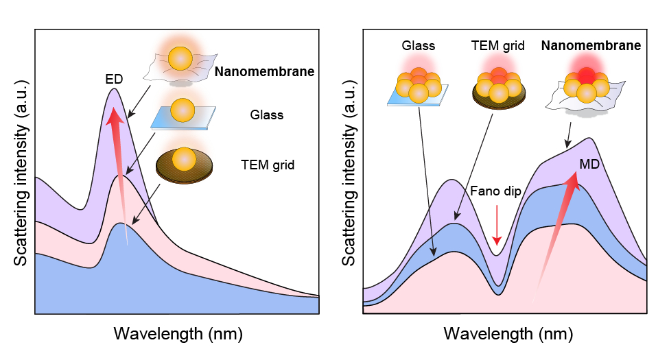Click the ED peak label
pos(114,79)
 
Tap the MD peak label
pos(590,165)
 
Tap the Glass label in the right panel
pos(417,47)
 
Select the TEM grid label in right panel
pos(498,47)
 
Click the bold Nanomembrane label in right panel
pos(591,47)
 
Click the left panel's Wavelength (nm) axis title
pos(178,334)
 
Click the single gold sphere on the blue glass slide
pos(183,109)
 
